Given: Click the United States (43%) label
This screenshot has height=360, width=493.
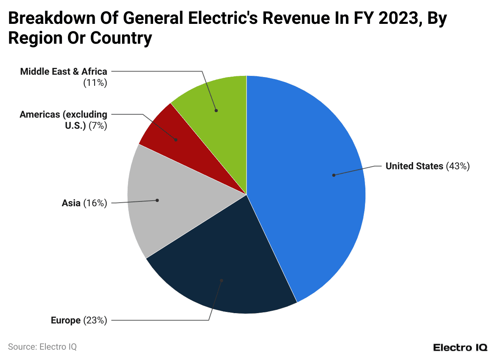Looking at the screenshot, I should click(x=427, y=166).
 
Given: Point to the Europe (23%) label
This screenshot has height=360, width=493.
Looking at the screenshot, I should click(x=79, y=320).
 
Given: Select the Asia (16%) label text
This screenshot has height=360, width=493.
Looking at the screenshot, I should click(x=84, y=203).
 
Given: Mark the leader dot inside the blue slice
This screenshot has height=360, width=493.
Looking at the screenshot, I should click(x=334, y=175).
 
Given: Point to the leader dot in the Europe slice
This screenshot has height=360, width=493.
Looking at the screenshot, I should click(x=221, y=281).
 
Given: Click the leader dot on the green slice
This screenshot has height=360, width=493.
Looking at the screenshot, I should click(x=216, y=110).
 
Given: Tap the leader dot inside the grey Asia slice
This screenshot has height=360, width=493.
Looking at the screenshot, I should click(x=157, y=200).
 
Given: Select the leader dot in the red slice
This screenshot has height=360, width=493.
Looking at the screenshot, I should click(x=176, y=139).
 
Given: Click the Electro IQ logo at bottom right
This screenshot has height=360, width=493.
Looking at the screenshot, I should click(x=460, y=347).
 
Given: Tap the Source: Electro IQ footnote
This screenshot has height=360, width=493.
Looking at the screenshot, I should click(x=42, y=346).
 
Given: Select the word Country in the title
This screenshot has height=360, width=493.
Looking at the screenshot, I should click(x=121, y=38).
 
